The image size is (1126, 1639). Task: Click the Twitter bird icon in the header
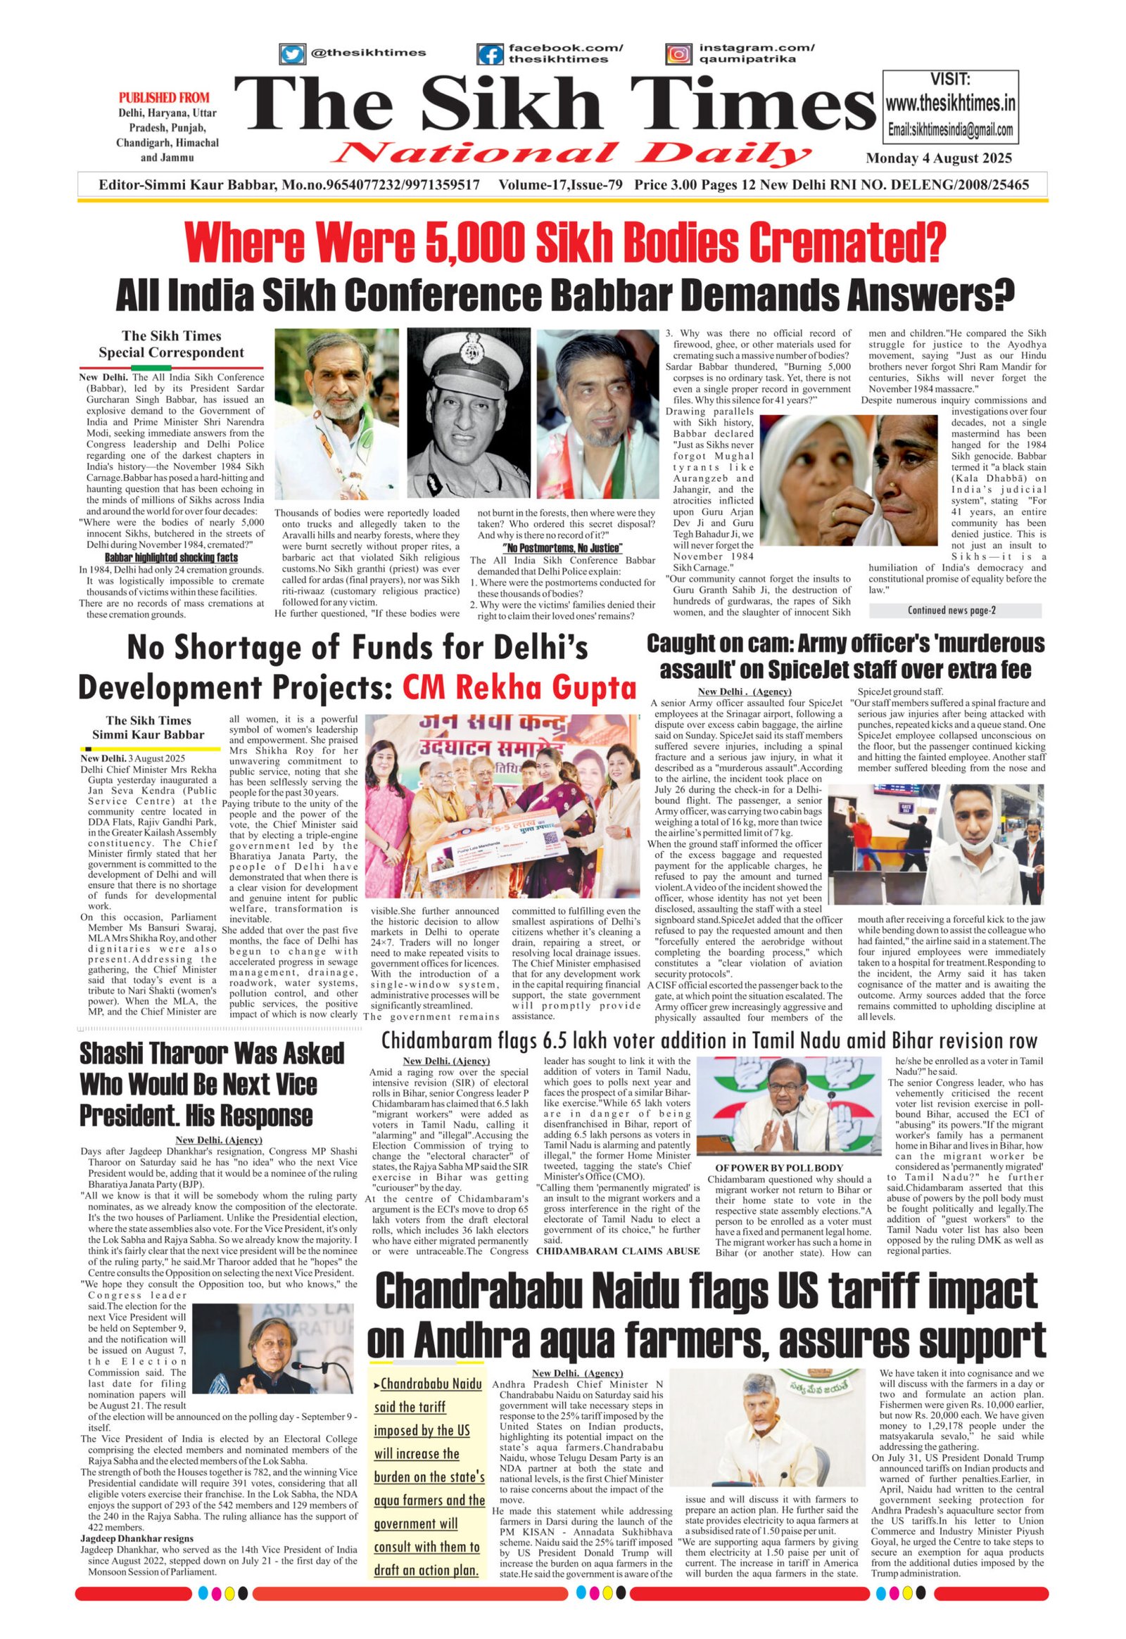(292, 53)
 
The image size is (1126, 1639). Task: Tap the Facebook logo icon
(490, 54)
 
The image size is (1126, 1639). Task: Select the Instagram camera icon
(678, 54)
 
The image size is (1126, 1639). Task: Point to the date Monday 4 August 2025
(939, 158)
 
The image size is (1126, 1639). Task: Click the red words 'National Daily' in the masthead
(572, 153)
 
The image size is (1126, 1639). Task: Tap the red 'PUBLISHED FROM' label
(164, 98)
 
